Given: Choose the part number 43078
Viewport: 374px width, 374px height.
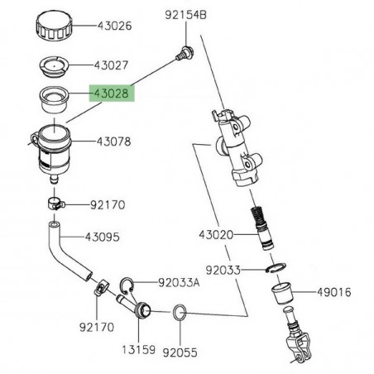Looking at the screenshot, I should (x=112, y=141).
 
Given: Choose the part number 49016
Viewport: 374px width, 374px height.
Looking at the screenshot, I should (x=334, y=291).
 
